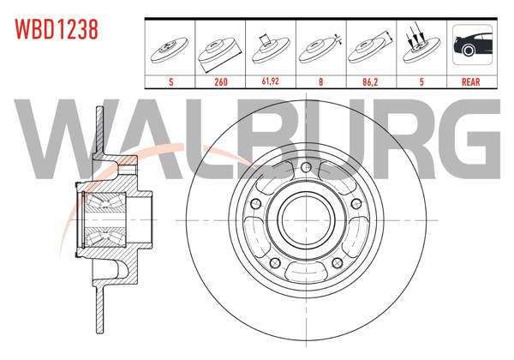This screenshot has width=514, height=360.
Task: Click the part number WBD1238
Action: coord(57,29)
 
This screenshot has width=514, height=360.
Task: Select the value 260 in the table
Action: coord(221,81)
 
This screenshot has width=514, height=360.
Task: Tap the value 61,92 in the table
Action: coord(271,81)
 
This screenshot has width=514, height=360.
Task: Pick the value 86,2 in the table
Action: coord(370,81)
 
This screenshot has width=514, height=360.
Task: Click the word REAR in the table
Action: coord(470,81)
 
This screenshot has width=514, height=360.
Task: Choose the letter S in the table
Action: coord(170,81)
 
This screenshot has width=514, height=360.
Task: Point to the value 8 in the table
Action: coord(320,81)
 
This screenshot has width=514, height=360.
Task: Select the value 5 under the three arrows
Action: coord(421,81)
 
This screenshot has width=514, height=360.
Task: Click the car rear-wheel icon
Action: coord(472,45)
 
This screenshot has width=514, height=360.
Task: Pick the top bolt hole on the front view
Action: coord(306,167)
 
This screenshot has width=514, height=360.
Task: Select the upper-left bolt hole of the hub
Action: coord(255,204)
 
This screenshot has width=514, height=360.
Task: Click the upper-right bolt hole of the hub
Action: coord(356,204)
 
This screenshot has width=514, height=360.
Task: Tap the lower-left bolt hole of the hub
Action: coord(275,262)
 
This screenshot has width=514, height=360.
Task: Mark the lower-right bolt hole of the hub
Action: coord(337,262)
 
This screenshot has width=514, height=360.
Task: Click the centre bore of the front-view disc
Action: coord(306,220)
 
